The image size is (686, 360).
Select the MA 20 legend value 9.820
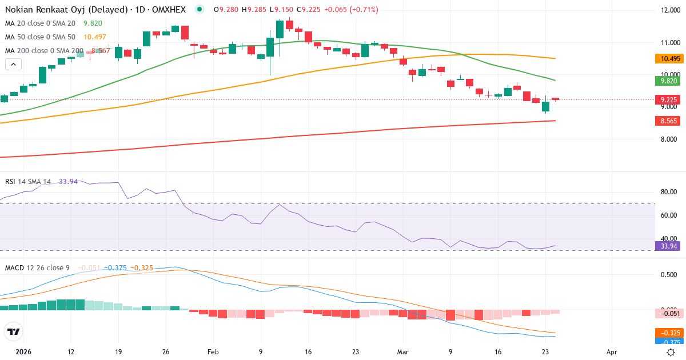coord(93,23)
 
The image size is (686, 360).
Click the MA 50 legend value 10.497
coord(95,37)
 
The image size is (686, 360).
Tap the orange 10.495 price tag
coord(667,59)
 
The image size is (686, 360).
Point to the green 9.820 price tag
coord(667,81)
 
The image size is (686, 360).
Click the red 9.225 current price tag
coord(667,100)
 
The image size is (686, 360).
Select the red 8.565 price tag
coord(667,121)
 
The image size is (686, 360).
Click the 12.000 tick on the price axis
coord(670,10)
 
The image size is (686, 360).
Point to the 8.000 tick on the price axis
coord(670,139)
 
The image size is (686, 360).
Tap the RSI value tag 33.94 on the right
coord(667,246)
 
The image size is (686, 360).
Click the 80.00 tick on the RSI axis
coord(669,192)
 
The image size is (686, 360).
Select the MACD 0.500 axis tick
coord(669,275)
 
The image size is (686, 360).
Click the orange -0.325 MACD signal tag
coord(667,333)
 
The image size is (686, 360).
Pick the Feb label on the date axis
coord(213,353)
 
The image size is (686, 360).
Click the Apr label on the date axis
coord(612,353)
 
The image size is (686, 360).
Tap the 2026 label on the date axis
coord(23,353)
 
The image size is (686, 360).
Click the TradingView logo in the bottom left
coord(13,331)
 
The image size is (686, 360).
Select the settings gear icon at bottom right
coord(671,352)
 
